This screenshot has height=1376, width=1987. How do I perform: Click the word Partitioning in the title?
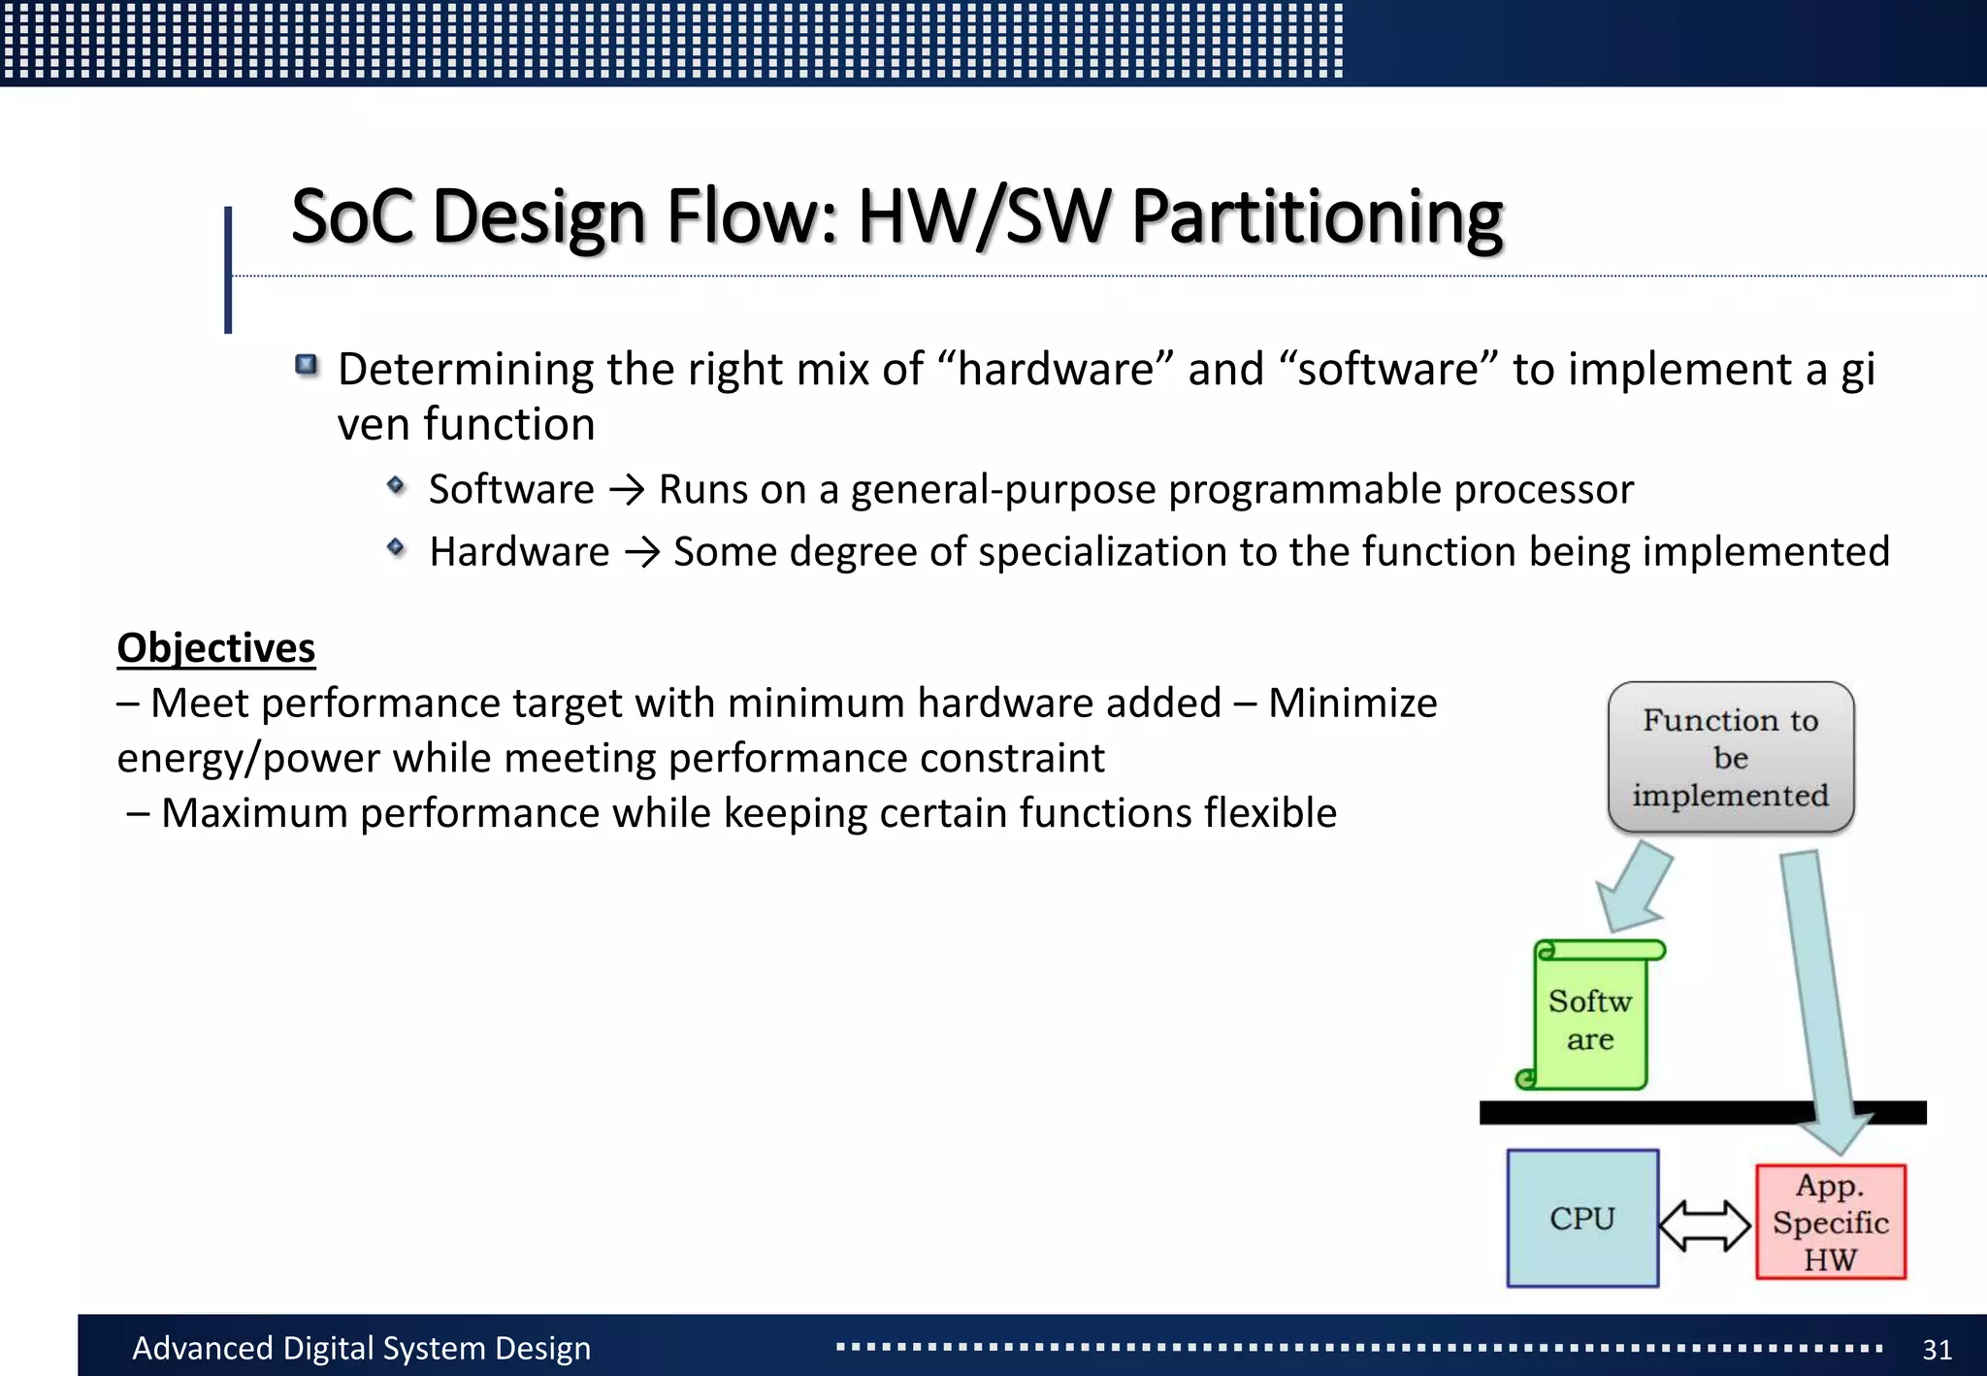click(x=1317, y=217)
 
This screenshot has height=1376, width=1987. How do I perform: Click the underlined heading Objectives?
click(x=215, y=647)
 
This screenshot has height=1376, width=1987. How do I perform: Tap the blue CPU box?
click(x=1581, y=1218)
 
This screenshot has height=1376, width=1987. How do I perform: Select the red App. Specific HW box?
click(x=1830, y=1222)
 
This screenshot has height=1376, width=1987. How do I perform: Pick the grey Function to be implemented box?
click(x=1730, y=757)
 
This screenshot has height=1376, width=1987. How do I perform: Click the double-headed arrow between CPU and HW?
click(x=1705, y=1226)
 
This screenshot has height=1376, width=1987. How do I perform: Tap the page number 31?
click(x=1937, y=1349)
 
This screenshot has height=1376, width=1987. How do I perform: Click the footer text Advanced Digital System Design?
click(x=361, y=1348)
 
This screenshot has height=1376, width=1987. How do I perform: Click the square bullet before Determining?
click(x=307, y=365)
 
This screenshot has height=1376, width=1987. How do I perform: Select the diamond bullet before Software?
click(x=395, y=484)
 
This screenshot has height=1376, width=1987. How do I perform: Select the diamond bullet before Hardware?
click(x=395, y=547)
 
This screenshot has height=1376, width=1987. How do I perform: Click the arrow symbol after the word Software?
click(x=627, y=490)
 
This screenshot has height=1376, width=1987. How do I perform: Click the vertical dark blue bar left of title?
click(x=228, y=270)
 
